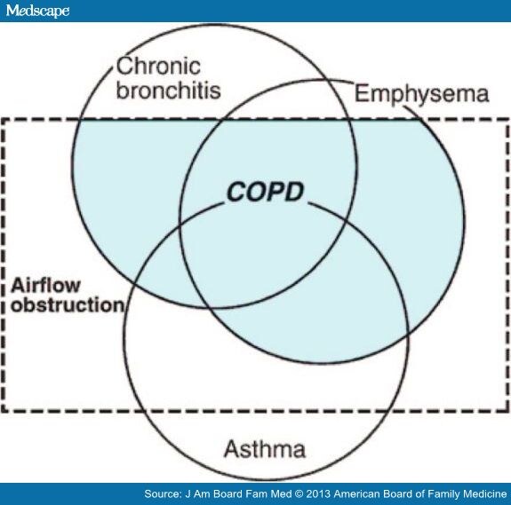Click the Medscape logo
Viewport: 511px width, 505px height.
(37, 11)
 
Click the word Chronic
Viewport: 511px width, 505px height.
(158, 66)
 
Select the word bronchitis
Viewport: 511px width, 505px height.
(169, 90)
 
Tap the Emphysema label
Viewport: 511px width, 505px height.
(422, 95)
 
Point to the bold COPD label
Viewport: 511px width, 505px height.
(265, 192)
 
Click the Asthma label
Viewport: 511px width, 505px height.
(265, 449)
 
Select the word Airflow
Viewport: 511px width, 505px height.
(45, 286)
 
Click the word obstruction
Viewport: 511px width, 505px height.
(68, 305)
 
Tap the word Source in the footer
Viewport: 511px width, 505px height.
(163, 494)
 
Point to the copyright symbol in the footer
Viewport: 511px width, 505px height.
(299, 494)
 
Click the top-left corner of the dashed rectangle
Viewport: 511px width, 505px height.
(3, 119)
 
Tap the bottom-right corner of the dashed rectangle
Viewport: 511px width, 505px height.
(507, 411)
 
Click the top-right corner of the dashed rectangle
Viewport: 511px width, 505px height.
(507, 119)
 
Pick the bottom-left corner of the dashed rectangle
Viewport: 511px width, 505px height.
(3, 411)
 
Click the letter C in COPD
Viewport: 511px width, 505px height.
(236, 192)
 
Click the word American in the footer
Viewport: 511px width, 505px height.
(355, 494)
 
